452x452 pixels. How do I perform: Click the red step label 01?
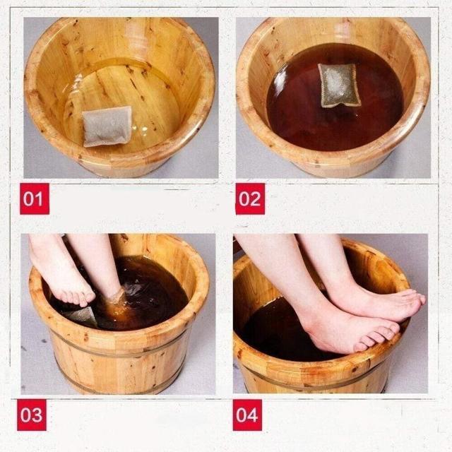pyautogui.click(x=35, y=198)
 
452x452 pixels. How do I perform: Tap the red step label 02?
pyautogui.click(x=250, y=198)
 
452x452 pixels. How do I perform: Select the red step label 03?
pyautogui.click(x=32, y=415)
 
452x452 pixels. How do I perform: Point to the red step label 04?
pyautogui.click(x=247, y=415)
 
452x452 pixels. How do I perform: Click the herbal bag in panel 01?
pyautogui.click(x=107, y=126)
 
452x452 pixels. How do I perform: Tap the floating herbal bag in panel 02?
pyautogui.click(x=339, y=85)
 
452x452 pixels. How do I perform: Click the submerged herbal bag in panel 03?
pyautogui.click(x=82, y=316)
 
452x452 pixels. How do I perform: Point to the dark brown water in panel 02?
pyautogui.click(x=334, y=115)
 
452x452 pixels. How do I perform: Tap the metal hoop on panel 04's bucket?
pyautogui.click(x=311, y=380)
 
